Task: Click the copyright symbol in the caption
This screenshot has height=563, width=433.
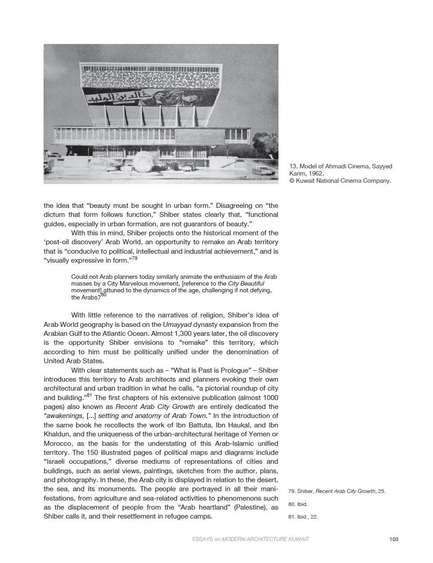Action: tap(292, 181)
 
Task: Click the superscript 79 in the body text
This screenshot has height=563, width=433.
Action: tap(134, 259)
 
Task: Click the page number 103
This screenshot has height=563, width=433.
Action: tap(394, 539)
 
